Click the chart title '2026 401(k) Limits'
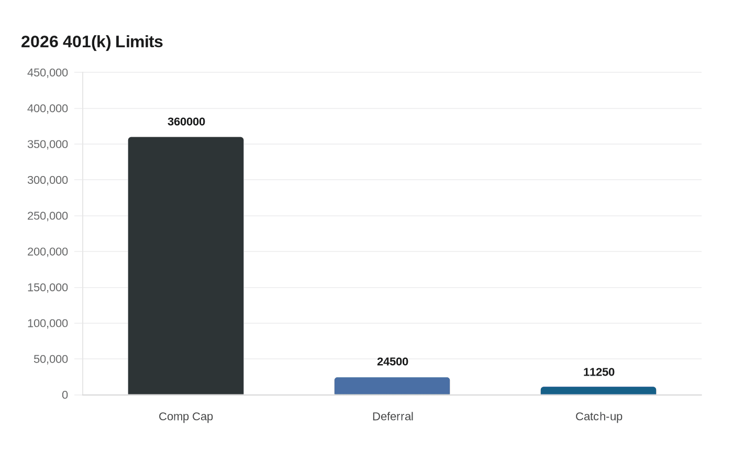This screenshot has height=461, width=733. click(x=92, y=42)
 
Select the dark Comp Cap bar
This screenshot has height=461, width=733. click(x=186, y=266)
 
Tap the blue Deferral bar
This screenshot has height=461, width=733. click(x=392, y=386)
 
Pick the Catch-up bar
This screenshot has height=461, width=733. click(x=598, y=391)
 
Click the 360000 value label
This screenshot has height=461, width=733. click(x=186, y=122)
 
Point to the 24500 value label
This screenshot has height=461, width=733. click(x=393, y=362)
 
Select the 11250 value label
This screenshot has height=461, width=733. click(x=599, y=372)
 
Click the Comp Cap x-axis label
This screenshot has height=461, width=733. click(x=186, y=416)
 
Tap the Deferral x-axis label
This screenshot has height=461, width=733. click(x=393, y=416)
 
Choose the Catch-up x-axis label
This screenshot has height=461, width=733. click(x=599, y=416)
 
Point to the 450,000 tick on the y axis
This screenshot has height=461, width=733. click(x=48, y=73)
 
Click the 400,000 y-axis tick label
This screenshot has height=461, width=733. click(x=48, y=108)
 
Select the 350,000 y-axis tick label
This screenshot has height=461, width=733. click(x=48, y=145)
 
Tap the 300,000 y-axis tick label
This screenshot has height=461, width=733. click(x=48, y=180)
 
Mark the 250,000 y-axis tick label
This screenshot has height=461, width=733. click(x=48, y=216)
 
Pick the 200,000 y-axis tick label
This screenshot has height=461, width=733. click(x=48, y=252)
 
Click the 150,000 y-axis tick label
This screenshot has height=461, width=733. click(x=48, y=288)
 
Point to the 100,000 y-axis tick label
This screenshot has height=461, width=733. click(x=48, y=323)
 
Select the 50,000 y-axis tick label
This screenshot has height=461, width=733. click(x=51, y=359)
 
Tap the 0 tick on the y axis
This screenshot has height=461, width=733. click(x=65, y=395)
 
